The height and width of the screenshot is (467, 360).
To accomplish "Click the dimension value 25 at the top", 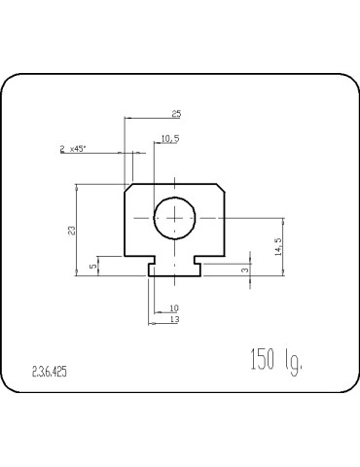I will coord(176,114).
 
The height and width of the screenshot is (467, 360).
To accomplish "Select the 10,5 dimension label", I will coord(169,139).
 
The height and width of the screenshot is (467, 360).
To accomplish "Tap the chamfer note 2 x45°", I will coord(72,149).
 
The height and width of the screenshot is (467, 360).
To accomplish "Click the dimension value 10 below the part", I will coord(173,308).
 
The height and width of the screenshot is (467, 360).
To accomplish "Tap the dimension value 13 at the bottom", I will coord(173,319).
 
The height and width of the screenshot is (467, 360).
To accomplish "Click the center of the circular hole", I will coord(175,218).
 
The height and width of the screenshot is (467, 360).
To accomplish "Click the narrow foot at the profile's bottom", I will coord(175,269).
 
